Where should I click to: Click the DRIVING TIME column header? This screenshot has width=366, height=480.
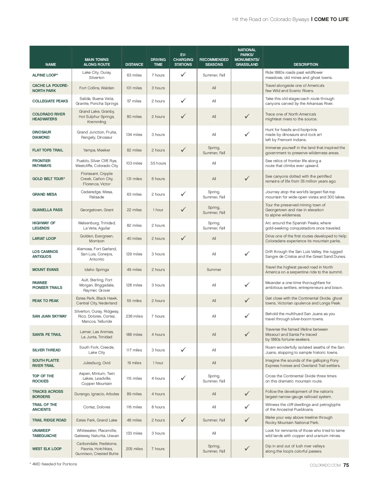click(158, 62)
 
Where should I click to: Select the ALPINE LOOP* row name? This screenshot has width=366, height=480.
click(45, 75)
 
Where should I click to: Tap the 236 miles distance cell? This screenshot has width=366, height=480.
click(134, 316)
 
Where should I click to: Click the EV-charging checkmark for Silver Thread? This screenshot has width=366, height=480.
click(183, 350)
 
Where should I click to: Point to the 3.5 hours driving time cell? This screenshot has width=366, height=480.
click(158, 163)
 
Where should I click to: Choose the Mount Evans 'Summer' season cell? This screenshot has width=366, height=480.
click(214, 270)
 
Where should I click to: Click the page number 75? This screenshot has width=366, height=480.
click(346, 465)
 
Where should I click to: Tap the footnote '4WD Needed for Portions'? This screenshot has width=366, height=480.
click(55, 464)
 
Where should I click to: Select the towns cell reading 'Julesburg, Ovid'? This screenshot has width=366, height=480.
click(97, 363)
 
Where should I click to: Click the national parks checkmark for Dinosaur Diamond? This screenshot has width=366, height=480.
click(247, 134)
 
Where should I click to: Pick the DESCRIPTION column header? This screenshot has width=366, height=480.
click(306, 65)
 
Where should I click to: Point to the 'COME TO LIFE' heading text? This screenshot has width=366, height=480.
click(331, 19)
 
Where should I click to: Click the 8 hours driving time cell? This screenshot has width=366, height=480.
click(158, 407)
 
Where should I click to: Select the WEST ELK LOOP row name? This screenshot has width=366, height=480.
click(47, 449)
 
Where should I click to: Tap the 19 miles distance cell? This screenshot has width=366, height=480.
click(134, 363)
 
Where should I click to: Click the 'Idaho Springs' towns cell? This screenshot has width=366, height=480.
click(97, 270)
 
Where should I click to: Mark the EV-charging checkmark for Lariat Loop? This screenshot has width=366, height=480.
click(183, 238)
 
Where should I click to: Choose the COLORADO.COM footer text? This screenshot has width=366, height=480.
click(325, 465)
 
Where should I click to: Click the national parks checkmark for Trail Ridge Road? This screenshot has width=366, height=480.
click(247, 420)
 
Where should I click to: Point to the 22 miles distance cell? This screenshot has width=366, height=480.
click(134, 210)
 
